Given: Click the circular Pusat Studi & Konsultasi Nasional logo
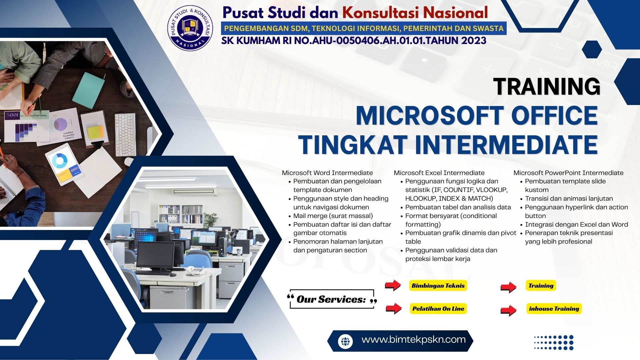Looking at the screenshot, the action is (191, 28).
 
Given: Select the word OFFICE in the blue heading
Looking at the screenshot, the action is (554, 116).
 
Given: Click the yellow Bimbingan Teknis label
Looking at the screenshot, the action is (438, 286).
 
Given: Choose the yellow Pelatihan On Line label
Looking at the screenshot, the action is (438, 309).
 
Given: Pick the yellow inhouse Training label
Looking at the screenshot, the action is (554, 309).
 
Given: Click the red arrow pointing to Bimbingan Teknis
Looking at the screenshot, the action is (393, 285).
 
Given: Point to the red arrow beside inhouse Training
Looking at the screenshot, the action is (509, 310).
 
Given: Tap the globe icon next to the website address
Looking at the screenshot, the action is (345, 341).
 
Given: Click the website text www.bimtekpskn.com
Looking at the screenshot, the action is (413, 340).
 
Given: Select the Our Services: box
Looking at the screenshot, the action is (332, 299).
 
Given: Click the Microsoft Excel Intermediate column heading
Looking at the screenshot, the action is (439, 173).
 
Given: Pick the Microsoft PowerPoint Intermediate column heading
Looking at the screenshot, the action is (568, 173).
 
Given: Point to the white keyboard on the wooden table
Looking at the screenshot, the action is (125, 134).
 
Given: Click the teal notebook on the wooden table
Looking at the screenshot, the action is (88, 90).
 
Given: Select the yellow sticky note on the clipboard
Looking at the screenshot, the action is (95, 133).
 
